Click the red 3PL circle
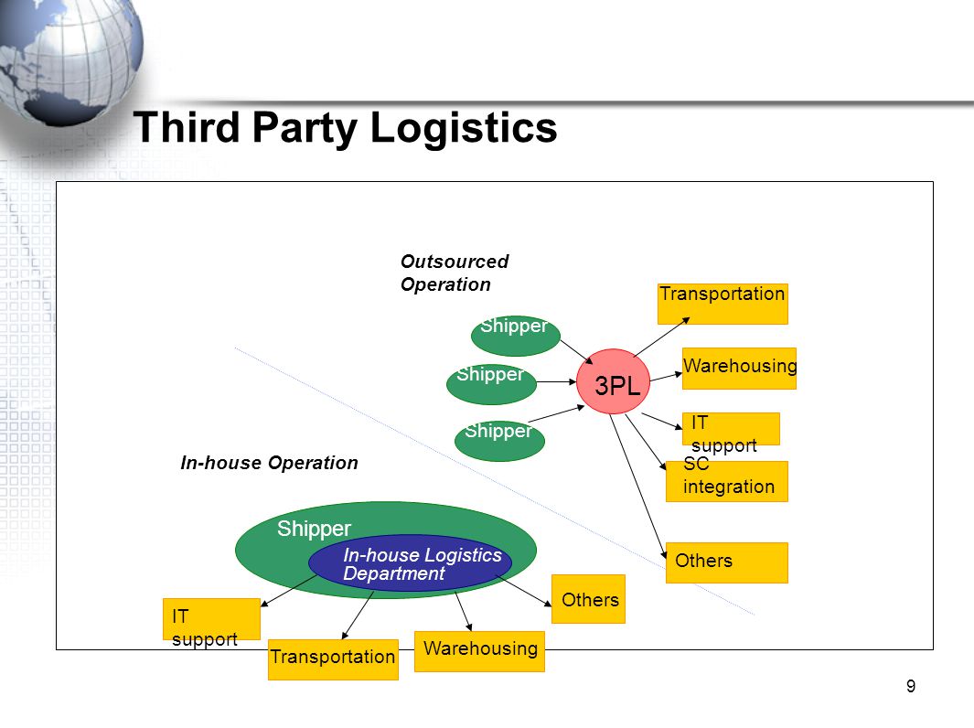613,381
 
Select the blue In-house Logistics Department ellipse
410,562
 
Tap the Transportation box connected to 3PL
722,304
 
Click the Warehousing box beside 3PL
739,369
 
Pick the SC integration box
727,481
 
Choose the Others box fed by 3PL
727,562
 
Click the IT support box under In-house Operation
211,619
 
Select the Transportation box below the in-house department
333,659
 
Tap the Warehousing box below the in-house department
479,651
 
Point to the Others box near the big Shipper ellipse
588,599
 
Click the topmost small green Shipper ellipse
516,336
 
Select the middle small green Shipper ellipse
491,384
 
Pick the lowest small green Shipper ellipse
499,441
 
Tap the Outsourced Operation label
455,273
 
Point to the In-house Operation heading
269,463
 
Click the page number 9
911,686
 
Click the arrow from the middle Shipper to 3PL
557,382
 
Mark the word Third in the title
187,127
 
